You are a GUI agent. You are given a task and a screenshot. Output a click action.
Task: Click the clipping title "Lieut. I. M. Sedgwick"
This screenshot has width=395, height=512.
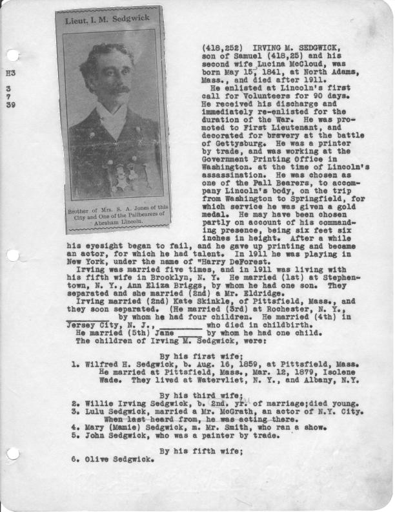click(104, 21)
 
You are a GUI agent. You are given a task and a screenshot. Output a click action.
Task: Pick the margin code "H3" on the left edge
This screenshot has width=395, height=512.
click(10, 74)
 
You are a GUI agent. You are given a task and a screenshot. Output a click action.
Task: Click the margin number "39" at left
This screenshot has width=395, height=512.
click(10, 105)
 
